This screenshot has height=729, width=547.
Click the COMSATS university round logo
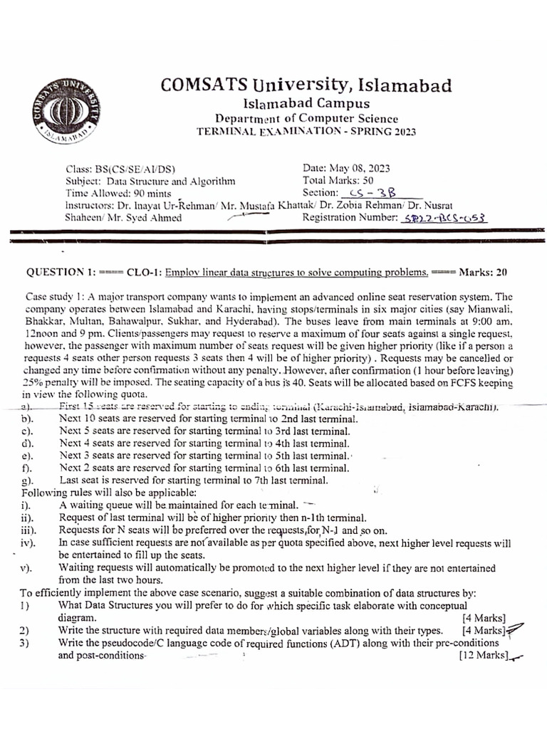[66, 115]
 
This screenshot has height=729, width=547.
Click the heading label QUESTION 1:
[62, 272]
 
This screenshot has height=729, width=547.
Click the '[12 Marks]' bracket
[484, 656]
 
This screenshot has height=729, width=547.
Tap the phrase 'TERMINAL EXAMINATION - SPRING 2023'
[306, 132]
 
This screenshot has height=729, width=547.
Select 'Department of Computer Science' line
[307, 119]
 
